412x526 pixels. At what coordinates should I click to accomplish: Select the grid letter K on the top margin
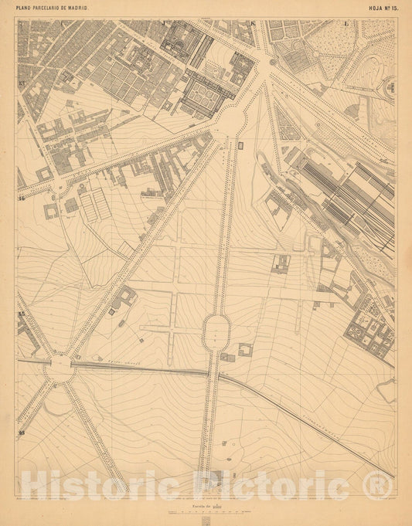click(253, 23)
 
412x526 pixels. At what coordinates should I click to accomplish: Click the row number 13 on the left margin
click(22, 83)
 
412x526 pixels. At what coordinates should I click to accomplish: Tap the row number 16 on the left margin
click(22, 433)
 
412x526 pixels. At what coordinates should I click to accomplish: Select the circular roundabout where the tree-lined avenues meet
click(60, 368)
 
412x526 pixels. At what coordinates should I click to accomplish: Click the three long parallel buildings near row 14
click(94, 205)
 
